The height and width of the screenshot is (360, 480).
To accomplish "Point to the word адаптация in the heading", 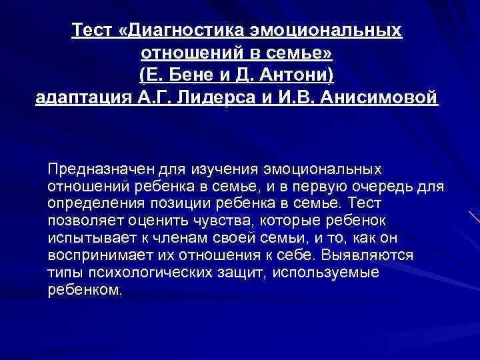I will click(x=79, y=98).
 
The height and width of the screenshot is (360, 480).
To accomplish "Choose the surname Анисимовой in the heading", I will click(x=379, y=98).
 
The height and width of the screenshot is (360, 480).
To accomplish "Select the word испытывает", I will click(x=85, y=237).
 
